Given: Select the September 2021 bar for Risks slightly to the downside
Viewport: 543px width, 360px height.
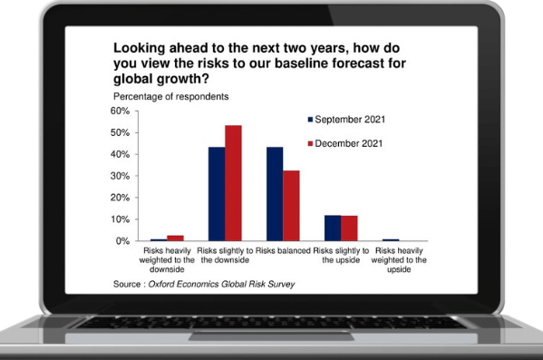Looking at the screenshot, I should point(217,194).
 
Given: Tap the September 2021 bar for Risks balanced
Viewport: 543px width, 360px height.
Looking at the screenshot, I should point(274,194).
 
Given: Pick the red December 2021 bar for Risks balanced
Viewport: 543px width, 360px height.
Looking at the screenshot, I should point(290,206).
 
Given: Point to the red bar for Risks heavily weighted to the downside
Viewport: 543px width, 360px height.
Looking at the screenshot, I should point(176,238).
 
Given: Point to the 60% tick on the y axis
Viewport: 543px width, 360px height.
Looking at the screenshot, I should point(121,111).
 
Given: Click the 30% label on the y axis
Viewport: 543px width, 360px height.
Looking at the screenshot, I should point(121,176).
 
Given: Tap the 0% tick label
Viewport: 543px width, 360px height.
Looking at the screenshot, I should point(124,241).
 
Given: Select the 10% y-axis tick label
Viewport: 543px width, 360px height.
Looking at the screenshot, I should point(121,219).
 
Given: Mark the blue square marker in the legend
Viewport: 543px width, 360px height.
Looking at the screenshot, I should point(311,120).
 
